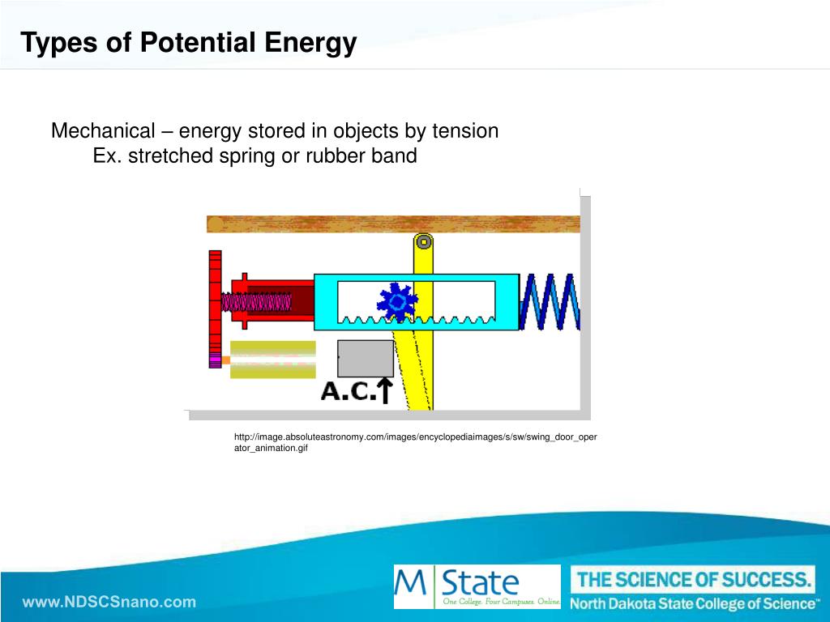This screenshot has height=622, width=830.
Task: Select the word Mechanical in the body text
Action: (103, 130)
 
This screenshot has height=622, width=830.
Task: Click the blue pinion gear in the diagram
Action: (397, 301)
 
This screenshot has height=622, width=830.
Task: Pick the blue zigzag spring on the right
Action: (550, 301)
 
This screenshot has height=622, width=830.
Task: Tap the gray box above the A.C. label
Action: (366, 359)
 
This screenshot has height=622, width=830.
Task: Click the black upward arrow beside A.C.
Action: (385, 390)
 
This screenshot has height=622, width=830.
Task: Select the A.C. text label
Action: (349, 391)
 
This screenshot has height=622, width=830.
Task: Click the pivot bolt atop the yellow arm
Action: (423, 241)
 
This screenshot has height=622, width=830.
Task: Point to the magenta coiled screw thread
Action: (256, 302)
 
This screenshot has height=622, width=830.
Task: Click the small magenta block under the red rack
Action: (215, 360)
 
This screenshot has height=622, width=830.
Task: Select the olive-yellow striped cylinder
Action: (272, 360)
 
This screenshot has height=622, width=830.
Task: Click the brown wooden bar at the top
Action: (393, 224)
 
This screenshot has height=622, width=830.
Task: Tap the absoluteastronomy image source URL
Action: (416, 442)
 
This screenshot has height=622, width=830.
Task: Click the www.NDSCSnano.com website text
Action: (109, 602)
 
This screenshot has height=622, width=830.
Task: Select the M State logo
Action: (477, 586)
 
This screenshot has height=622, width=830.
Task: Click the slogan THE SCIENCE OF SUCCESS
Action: (694, 580)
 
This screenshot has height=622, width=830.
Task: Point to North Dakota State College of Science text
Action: (694, 603)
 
